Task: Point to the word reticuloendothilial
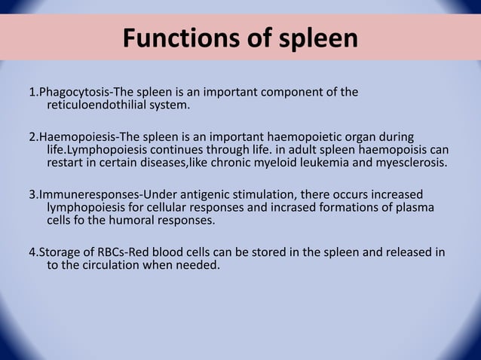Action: pos(101,105)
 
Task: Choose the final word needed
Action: pos(198,264)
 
